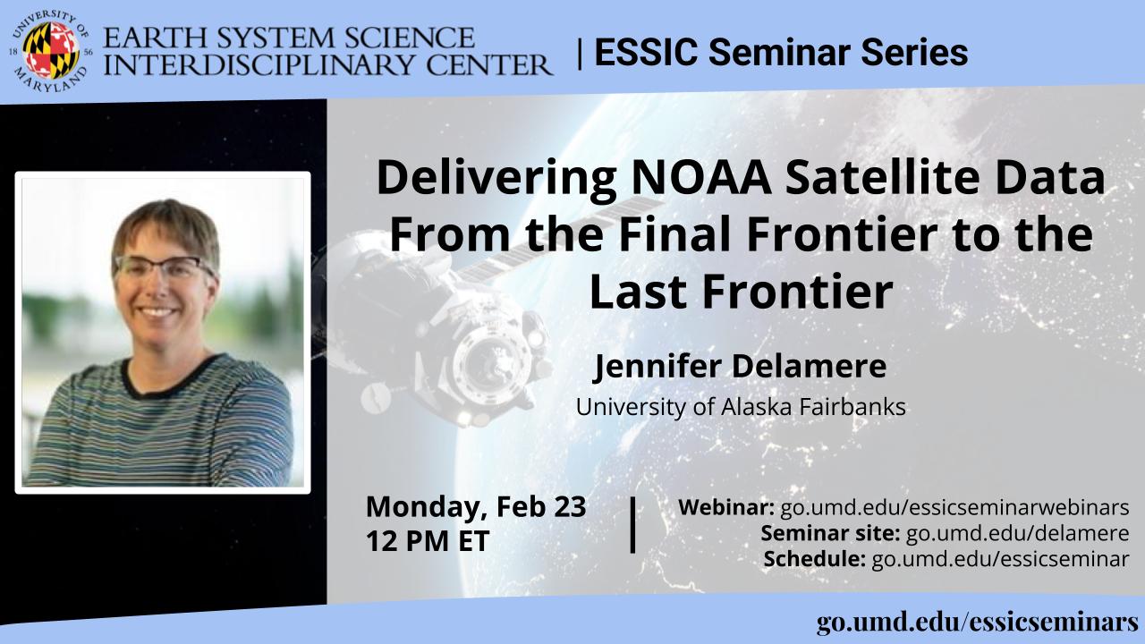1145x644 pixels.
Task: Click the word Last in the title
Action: pos(636,292)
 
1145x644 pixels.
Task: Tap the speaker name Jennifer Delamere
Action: pos(740,366)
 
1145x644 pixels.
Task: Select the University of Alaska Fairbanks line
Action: pos(741,407)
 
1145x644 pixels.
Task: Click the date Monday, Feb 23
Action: pos(476,507)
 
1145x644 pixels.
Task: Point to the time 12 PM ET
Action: pos(428,541)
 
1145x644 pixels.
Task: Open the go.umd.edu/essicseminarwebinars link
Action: pos(954,507)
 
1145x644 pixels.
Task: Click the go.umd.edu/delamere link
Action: pos(1017,533)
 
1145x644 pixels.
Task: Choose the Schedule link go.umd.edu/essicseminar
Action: pos(1000,559)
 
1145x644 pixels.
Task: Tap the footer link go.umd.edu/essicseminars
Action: pos(978,623)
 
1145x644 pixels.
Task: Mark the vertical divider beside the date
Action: pos(632,524)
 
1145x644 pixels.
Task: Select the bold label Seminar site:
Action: pos(830,533)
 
